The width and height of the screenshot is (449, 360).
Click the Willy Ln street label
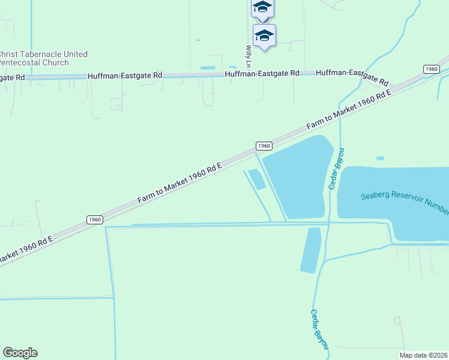tap(248, 56)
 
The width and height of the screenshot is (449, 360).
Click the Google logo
tap(20, 353)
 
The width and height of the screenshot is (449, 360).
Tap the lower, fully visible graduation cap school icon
tap(264, 35)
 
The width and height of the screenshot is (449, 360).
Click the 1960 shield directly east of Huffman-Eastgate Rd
tap(431, 69)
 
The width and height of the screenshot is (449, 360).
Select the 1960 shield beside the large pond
tap(264, 146)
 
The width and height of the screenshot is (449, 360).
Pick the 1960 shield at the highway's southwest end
tap(94, 220)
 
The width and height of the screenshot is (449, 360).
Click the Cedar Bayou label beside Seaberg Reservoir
tap(335, 169)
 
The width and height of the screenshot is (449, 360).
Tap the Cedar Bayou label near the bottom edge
tap(319, 329)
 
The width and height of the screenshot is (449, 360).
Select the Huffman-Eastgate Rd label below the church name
tap(12, 77)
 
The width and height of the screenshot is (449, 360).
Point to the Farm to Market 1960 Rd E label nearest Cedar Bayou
tap(349, 109)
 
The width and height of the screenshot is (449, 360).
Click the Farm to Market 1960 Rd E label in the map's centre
tap(180, 182)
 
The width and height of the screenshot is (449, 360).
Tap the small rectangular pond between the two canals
tap(256, 179)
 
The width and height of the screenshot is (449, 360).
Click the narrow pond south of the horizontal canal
tap(310, 250)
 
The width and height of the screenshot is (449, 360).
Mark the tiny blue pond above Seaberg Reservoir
tap(380, 158)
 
